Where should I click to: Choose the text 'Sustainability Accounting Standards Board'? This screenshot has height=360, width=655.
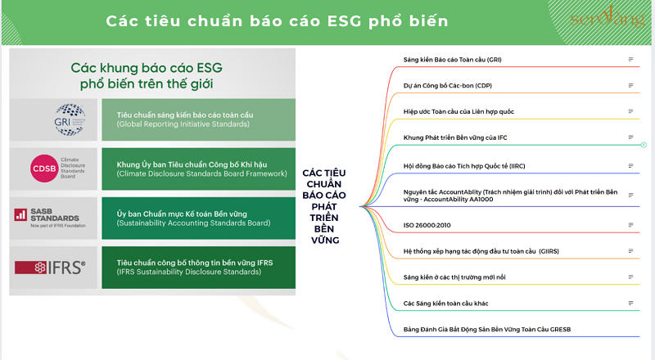click(193, 223)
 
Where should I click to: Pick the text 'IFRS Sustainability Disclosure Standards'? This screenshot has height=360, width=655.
click(195, 272)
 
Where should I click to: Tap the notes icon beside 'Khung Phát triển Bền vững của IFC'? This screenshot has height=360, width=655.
click(630, 137)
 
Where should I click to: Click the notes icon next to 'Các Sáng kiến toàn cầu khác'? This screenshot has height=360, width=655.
click(630, 303)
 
